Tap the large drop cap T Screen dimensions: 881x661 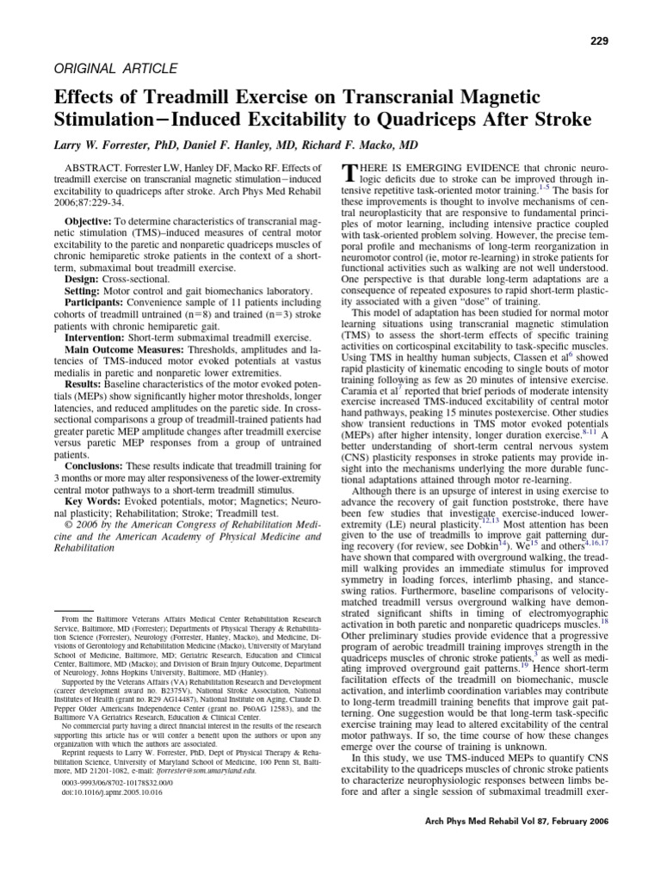click(349, 171)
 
